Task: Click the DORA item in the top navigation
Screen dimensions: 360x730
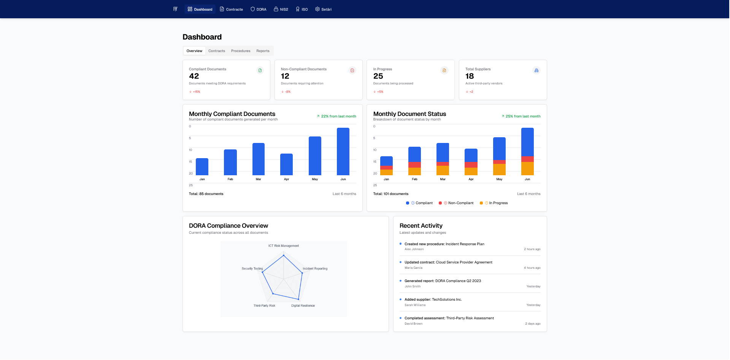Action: point(259,9)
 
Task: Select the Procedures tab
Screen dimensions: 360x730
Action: point(241,51)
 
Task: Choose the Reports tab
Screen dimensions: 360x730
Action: point(263,51)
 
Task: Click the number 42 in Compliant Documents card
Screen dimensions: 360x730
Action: point(194,76)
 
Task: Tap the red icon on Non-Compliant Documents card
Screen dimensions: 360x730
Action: point(352,70)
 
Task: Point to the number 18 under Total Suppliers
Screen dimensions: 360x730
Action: point(470,76)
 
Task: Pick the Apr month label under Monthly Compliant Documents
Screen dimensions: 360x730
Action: point(286,179)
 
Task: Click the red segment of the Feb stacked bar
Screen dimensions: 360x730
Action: point(414,165)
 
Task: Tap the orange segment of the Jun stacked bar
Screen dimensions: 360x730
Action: point(527,168)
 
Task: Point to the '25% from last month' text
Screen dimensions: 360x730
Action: point(523,116)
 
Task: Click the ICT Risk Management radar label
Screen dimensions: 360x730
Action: point(284,246)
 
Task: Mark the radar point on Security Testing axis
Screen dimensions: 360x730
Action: point(262,272)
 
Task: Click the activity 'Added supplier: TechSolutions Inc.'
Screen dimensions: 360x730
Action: point(433,300)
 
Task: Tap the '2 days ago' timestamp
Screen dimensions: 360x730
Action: point(533,324)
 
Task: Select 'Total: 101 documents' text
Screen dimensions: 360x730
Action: point(390,194)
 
